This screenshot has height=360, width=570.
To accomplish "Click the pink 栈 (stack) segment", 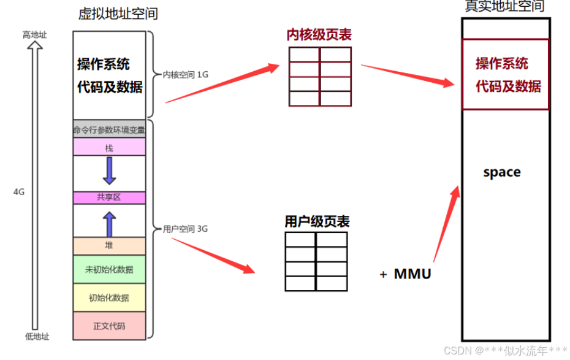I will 109,147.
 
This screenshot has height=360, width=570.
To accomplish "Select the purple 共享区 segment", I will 109,197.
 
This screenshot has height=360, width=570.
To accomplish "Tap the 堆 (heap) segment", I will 109,246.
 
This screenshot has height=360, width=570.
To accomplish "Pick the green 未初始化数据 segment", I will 109,269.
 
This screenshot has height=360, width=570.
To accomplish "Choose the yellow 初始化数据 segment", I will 109,298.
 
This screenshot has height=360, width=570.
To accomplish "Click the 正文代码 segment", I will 109,326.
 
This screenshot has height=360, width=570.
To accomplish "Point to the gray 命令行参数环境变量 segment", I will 109,129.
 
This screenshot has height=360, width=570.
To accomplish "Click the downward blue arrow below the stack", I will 109,170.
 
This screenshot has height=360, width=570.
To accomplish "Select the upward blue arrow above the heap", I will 109,224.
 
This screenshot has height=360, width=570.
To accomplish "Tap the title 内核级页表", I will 319,34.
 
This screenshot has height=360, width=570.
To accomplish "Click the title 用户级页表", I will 317,221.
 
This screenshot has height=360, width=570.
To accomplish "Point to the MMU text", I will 412,274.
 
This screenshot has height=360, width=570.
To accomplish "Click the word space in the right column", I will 501,172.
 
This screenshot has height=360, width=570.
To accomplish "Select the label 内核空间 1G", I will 186,74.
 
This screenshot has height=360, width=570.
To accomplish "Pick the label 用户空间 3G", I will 185,229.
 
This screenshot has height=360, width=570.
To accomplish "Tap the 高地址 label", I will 34,35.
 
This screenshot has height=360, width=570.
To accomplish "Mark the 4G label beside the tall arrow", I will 19,192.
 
